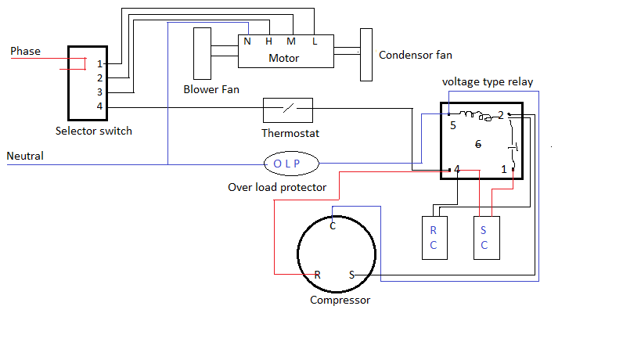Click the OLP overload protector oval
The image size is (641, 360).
pyautogui.click(x=293, y=164)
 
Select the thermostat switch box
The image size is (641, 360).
pyautogui.click(x=287, y=110)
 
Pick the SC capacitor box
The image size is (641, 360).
pyautogui.click(x=484, y=238)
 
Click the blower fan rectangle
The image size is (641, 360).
pyautogui.click(x=202, y=53)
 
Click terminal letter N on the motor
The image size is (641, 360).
pyautogui.click(x=247, y=41)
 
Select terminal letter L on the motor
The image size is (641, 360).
pyautogui.click(x=315, y=41)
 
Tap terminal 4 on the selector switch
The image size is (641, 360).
pyautogui.click(x=99, y=106)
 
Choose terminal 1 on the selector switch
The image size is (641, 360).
pyautogui.click(x=99, y=63)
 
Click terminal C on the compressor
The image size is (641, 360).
pyautogui.click(x=333, y=226)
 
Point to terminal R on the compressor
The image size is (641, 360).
pyautogui.click(x=317, y=275)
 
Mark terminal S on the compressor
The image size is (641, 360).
pyautogui.click(x=351, y=275)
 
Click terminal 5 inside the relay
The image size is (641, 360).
pyautogui.click(x=452, y=124)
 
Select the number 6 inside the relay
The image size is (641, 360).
pyautogui.click(x=478, y=145)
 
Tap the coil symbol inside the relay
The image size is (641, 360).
pyautogui.click(x=474, y=116)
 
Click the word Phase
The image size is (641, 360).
pyautogui.click(x=25, y=52)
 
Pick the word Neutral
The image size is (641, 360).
pyautogui.click(x=25, y=156)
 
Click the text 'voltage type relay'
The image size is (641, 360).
pyautogui.click(x=488, y=81)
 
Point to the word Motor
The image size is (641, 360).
pyautogui.click(x=283, y=58)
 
